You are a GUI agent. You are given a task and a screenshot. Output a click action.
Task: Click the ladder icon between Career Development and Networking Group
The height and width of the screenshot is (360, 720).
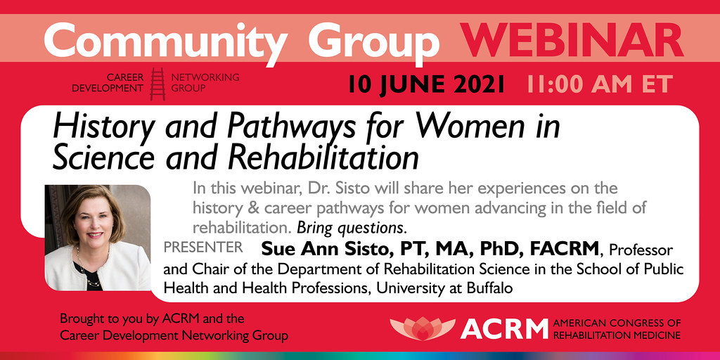click(x=157, y=84)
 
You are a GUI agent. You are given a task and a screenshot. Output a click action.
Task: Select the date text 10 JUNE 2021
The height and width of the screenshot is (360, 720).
click(x=426, y=84)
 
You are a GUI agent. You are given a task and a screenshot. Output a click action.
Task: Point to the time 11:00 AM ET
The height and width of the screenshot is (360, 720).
click(x=600, y=84)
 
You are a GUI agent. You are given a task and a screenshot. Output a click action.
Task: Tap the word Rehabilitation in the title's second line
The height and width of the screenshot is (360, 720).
click(x=323, y=158)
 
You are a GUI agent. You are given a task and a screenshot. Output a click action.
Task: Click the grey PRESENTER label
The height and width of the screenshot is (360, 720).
click(x=203, y=247)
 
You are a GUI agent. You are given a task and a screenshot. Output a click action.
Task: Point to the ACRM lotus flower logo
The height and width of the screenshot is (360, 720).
click(x=423, y=328)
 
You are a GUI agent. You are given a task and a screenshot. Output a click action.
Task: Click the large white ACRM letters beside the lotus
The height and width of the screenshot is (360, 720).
click(x=504, y=329)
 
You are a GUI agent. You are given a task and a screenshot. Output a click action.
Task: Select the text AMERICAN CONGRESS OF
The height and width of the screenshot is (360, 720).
click(x=617, y=323)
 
